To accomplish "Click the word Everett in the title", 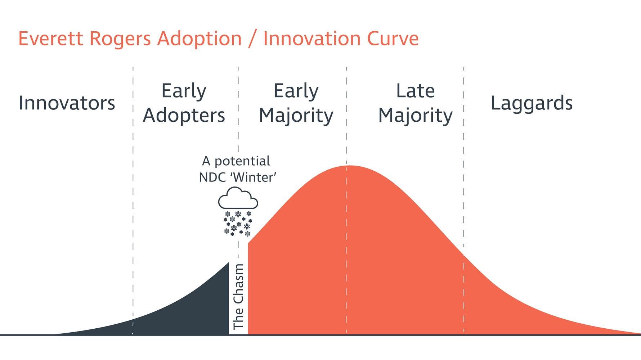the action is click(x=50, y=39).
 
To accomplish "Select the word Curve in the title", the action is click(x=393, y=39).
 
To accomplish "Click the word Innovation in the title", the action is click(x=312, y=39).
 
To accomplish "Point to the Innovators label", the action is click(x=67, y=103).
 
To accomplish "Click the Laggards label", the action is click(x=532, y=103).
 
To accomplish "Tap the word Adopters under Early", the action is click(x=184, y=116).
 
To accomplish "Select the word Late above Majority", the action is click(x=415, y=91).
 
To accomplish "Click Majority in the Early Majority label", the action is click(x=296, y=116).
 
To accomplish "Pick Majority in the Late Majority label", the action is click(x=415, y=116).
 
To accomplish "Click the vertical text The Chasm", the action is click(x=238, y=296).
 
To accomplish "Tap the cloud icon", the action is click(x=238, y=198).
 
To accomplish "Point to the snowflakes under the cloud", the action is click(x=238, y=224).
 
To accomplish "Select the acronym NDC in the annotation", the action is click(x=212, y=177).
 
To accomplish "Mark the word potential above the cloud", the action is click(x=242, y=161).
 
